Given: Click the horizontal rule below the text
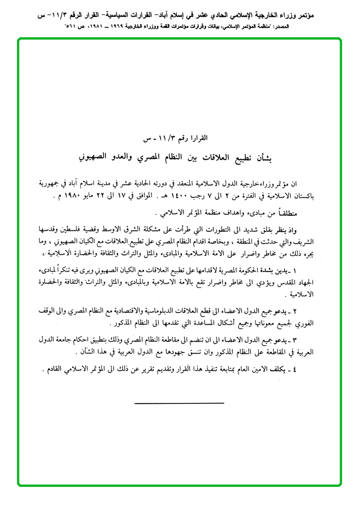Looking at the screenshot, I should pos(179,403).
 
